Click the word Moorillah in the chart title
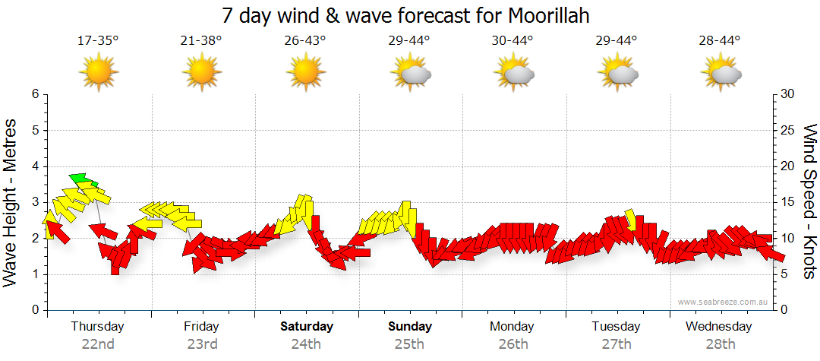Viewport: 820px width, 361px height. click(x=541, y=15)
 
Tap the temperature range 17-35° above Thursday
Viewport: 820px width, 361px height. click(x=98, y=40)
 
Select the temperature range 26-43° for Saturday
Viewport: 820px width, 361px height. click(x=305, y=40)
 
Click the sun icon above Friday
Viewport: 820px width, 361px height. click(x=201, y=72)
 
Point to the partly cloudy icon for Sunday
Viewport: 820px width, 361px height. click(x=410, y=73)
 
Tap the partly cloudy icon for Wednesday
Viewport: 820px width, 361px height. click(x=721, y=73)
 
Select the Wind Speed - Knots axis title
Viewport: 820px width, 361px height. click(x=809, y=201)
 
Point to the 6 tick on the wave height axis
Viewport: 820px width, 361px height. click(x=35, y=94)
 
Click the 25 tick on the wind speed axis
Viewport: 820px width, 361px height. click(x=788, y=130)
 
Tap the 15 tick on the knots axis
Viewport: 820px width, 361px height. click(x=788, y=202)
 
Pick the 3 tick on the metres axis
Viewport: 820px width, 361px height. click(x=35, y=202)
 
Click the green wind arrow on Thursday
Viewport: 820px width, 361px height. click(x=83, y=180)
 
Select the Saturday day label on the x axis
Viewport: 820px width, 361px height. click(x=306, y=327)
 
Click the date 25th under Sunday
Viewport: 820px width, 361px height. click(x=409, y=344)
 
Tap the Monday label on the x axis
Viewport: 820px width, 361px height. click(x=512, y=327)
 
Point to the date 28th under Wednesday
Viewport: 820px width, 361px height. click(x=720, y=344)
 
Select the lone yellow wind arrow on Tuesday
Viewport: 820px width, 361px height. click(x=631, y=219)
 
